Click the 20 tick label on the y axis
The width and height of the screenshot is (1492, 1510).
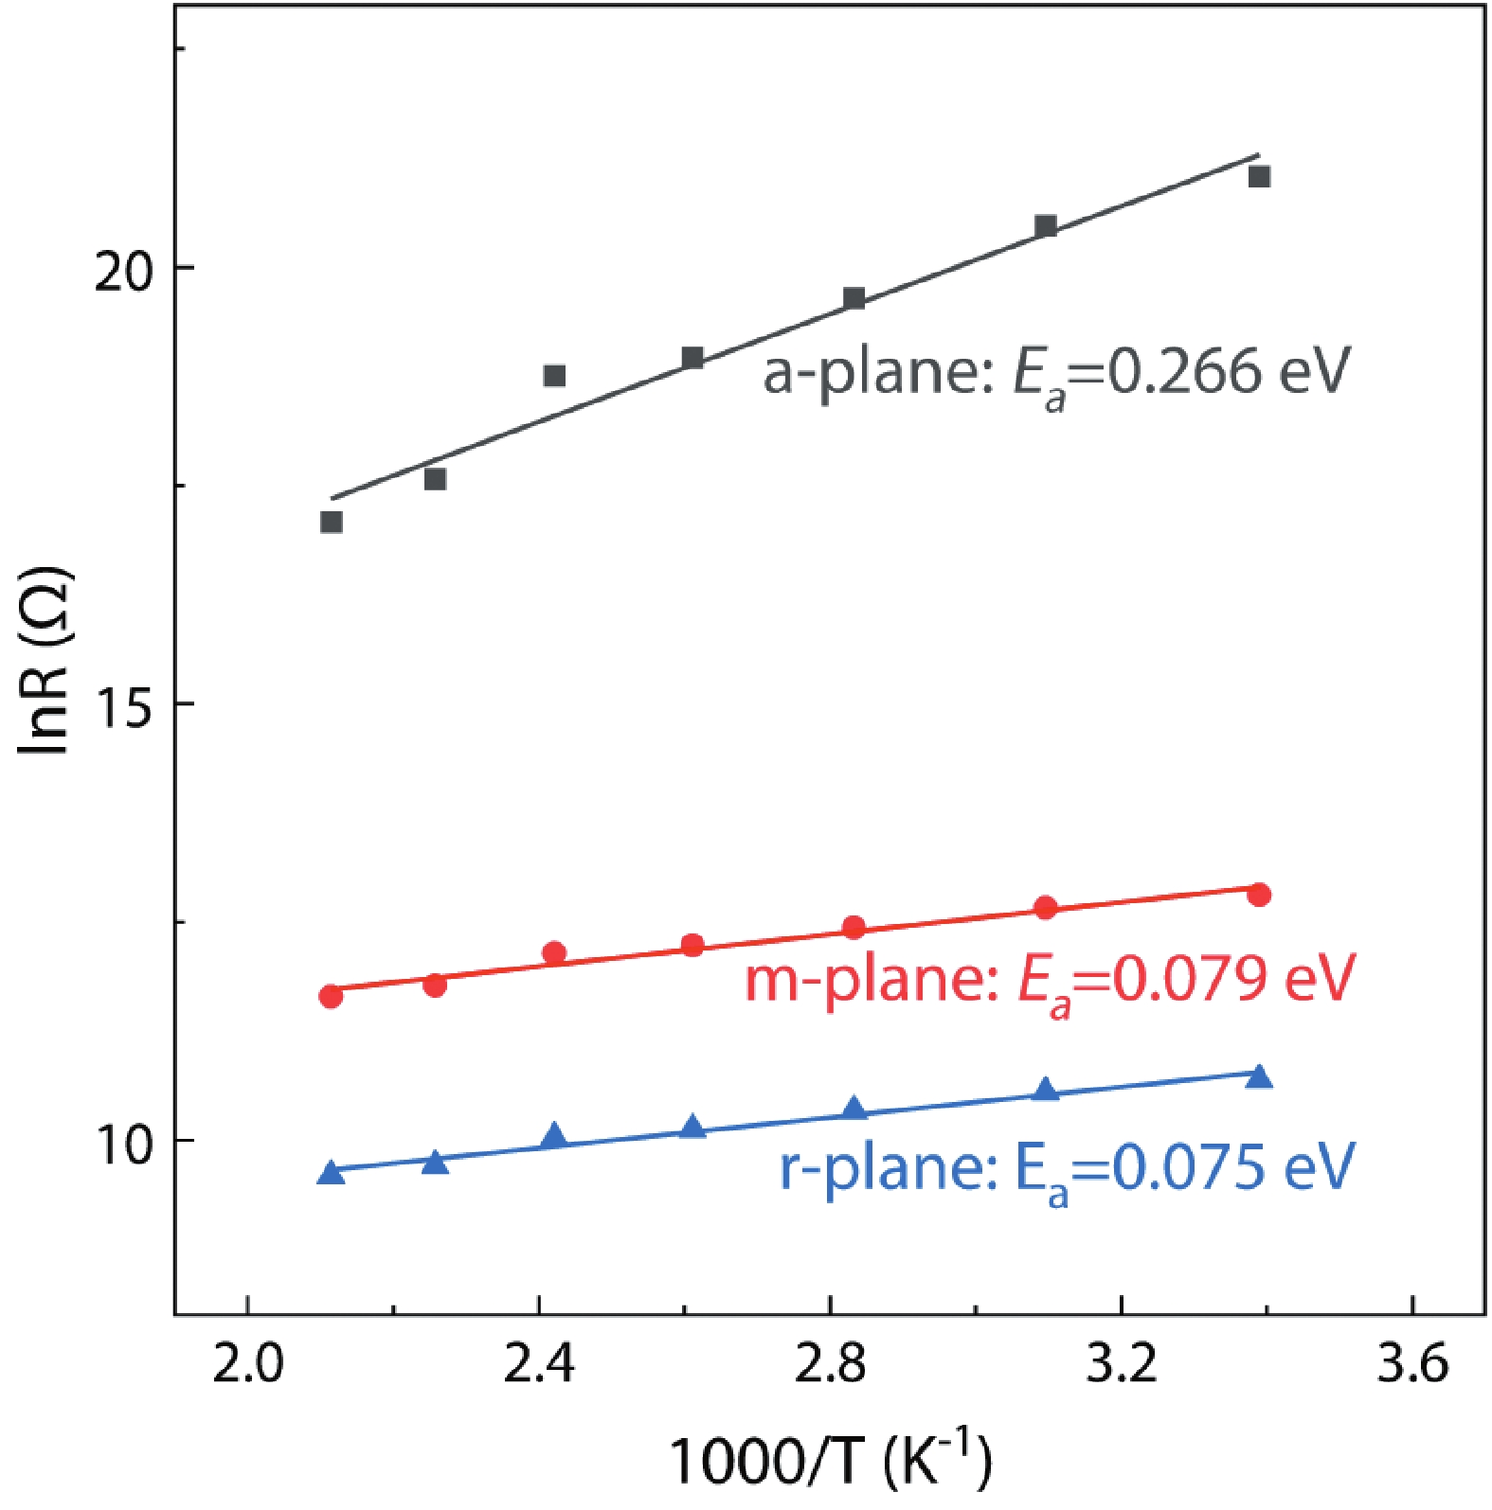tap(123, 270)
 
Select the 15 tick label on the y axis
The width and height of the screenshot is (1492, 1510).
tap(123, 705)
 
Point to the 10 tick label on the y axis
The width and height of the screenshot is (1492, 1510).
tap(123, 1143)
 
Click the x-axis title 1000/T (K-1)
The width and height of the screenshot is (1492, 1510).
tap(830, 1460)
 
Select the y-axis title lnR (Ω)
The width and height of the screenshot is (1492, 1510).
tap(45, 660)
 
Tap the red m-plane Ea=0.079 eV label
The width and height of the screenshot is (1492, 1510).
tap(1050, 981)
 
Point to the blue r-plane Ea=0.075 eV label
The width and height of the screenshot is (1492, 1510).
tap(1067, 1169)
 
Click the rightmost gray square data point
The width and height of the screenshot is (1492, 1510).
tap(1259, 177)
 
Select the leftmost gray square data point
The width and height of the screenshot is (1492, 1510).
tap(331, 523)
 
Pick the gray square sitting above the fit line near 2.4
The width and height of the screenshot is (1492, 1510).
tap(554, 376)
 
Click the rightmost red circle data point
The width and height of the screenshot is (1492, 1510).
tap(1259, 895)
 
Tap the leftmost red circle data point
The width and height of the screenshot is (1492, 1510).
tap(331, 996)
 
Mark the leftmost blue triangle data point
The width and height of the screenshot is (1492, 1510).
tap(331, 1173)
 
